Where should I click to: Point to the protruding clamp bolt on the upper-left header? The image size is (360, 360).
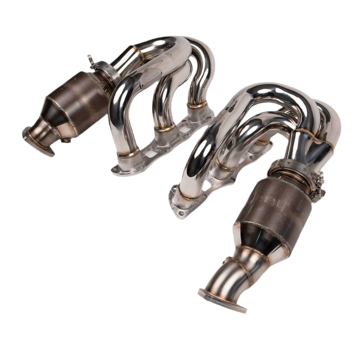click(x=89, y=58)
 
